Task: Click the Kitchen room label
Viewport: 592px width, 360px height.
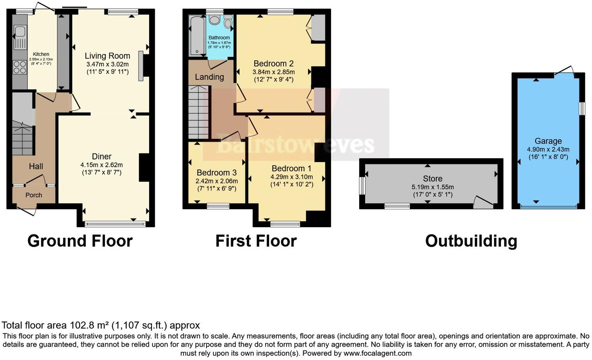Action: coord(41,54)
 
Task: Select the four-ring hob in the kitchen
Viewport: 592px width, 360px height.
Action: coord(19,67)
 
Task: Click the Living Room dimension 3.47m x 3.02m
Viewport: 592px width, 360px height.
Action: coord(107,64)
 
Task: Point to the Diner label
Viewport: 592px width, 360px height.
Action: coord(102,157)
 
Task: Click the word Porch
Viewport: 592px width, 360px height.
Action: coord(33,195)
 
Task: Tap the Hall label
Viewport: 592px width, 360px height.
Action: coord(36,166)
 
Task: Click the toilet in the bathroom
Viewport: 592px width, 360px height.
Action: coord(228,23)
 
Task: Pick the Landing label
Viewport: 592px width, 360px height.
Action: coord(209,77)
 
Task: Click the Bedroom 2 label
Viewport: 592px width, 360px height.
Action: coord(273,64)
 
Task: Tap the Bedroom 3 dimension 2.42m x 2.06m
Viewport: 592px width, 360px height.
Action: coord(217,181)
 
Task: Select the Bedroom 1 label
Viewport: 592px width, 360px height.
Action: coord(291,168)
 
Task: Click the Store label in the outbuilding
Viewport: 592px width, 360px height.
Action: coord(432,178)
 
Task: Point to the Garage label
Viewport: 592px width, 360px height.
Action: coord(548,141)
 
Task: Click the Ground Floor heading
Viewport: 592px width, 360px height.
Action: coord(80,241)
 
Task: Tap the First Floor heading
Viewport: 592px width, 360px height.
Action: coord(256,241)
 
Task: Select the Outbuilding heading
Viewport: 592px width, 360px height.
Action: coord(471,241)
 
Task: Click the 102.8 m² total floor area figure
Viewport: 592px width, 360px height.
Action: coord(90,325)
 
